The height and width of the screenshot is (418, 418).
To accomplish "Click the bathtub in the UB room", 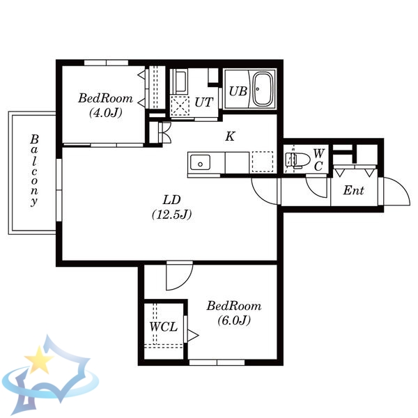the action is click(263, 89).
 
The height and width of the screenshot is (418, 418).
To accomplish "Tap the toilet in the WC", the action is click(297, 160).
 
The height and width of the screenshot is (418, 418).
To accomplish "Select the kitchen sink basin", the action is click(200, 162).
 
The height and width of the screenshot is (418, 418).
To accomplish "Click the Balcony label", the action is click(34, 171).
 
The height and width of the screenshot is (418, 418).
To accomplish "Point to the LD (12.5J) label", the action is click(172, 207).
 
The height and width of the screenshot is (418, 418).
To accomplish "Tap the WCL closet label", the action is click(163, 327).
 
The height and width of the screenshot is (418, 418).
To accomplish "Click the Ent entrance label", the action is click(353, 190).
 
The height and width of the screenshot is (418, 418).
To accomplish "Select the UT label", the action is click(204, 102).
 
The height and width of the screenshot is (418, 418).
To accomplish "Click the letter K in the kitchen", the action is click(230, 137).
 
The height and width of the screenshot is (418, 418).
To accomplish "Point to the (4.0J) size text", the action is click(106, 113).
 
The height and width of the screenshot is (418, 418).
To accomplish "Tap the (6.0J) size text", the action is click(234, 320).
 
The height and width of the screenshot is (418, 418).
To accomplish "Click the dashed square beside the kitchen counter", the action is click(263, 162).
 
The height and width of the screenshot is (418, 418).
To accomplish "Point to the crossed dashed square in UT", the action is click(180, 106).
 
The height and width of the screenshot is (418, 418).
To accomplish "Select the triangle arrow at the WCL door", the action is click(193, 335).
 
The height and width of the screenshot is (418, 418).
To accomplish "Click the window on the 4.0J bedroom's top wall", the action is click(107, 63).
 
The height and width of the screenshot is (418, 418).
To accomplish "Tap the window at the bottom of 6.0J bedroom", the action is click(217, 362).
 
